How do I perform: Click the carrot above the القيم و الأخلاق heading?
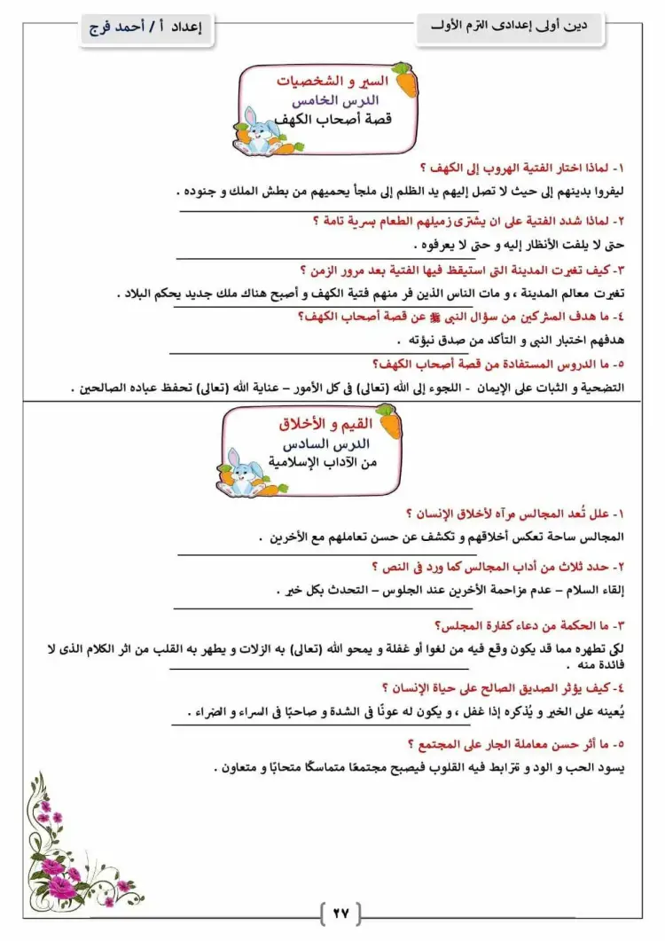385,413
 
